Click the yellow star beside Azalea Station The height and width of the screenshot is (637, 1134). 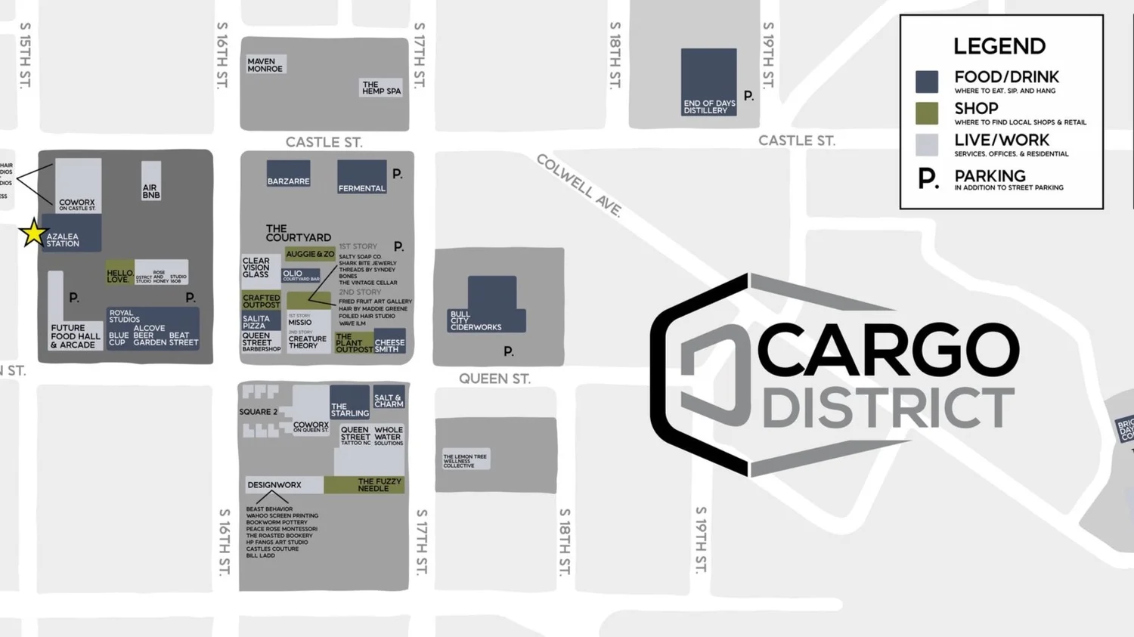pyautogui.click(x=33, y=233)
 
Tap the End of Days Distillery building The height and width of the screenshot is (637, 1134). pyautogui.click(x=708, y=82)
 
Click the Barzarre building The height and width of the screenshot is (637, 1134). pyautogui.click(x=288, y=173)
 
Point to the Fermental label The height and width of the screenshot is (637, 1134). pyautogui.click(x=361, y=188)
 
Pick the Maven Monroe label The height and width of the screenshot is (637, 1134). pyautogui.click(x=265, y=65)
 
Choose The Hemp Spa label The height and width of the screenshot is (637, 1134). pyautogui.click(x=381, y=88)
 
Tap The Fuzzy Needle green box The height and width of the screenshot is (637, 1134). pyautogui.click(x=364, y=484)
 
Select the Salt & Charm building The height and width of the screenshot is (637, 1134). pyautogui.click(x=389, y=399)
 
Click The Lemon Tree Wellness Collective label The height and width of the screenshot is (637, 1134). pyautogui.click(x=465, y=460)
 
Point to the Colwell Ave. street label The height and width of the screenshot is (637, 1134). pyautogui.click(x=579, y=185)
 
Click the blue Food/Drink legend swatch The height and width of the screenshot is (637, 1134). pyautogui.click(x=927, y=82)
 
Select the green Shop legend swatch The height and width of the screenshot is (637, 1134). pyautogui.click(x=927, y=113)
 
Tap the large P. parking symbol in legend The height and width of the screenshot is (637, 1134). pyautogui.click(x=928, y=179)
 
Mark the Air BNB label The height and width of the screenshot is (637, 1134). pyautogui.click(x=151, y=191)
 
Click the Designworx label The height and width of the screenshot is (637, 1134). pyautogui.click(x=274, y=485)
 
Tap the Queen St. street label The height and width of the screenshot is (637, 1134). pyautogui.click(x=494, y=379)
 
